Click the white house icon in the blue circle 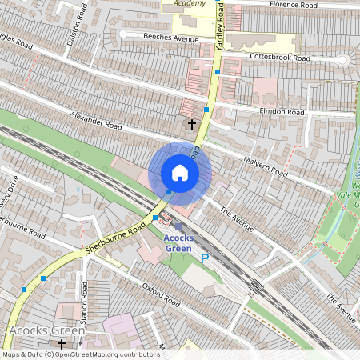coord(180,173)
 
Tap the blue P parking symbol coord(204,258)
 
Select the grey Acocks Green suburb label coord(46,330)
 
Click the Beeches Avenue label coord(170,38)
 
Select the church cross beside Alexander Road coord(191,124)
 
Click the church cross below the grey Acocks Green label coord(62,344)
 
